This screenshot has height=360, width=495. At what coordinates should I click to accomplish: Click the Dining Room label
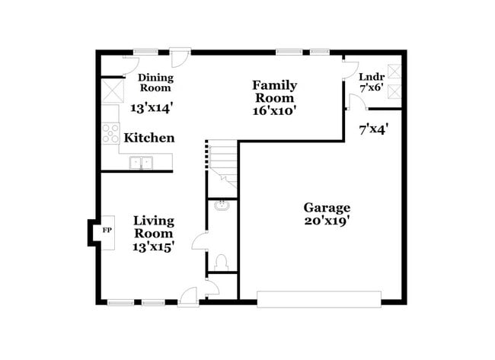[x=155, y=83]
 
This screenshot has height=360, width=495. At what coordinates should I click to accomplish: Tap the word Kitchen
[x=149, y=139]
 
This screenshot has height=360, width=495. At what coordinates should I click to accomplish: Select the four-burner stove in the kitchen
[x=110, y=134]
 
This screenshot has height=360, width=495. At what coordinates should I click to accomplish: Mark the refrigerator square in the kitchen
[x=113, y=92]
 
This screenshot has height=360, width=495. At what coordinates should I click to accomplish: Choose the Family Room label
[x=274, y=91]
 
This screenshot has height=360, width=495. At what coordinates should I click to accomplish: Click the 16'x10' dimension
[x=274, y=110]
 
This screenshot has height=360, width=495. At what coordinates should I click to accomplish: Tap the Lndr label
[x=371, y=77]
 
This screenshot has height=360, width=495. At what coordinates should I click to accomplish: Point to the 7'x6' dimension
[x=371, y=88]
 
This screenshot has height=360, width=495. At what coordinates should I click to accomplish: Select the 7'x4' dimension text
[x=374, y=129]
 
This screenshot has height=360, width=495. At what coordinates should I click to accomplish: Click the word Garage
[x=327, y=207]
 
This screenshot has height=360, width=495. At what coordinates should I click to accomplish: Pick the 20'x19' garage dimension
[x=327, y=222]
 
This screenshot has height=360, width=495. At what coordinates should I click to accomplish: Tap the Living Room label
[x=154, y=228]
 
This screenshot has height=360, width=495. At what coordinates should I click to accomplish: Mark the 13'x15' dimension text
[x=154, y=247]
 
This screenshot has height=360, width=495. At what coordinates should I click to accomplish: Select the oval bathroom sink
[x=222, y=205]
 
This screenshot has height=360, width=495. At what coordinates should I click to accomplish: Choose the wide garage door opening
[x=318, y=298]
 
